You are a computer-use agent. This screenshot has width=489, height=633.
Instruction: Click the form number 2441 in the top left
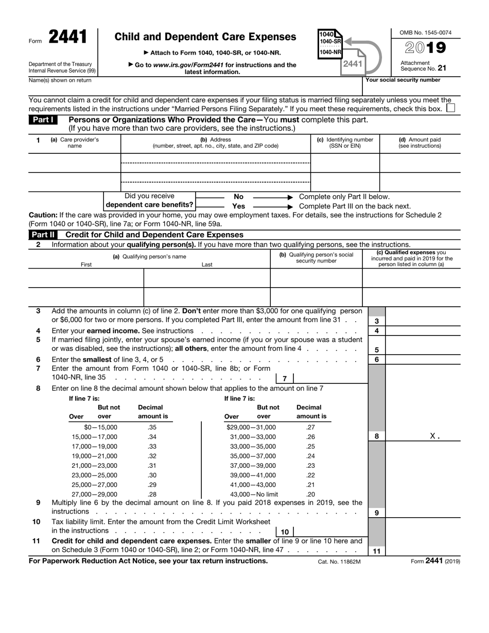(x=68, y=37)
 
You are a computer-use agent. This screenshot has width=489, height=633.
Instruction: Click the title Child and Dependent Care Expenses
(x=205, y=37)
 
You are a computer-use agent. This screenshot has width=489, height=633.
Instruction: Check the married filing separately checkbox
(x=450, y=109)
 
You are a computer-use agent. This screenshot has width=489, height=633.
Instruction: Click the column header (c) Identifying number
(x=345, y=143)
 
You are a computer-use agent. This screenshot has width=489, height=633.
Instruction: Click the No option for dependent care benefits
(x=238, y=197)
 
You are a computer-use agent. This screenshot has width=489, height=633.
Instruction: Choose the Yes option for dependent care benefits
(x=238, y=206)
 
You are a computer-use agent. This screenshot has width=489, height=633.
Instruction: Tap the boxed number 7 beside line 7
(x=285, y=379)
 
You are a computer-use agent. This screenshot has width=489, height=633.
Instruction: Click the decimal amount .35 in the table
(x=152, y=427)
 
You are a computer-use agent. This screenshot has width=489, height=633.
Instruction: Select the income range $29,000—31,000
(x=251, y=427)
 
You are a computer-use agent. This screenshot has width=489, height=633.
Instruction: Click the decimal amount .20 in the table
(x=310, y=494)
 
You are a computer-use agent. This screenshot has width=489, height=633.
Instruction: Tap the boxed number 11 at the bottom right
(x=376, y=551)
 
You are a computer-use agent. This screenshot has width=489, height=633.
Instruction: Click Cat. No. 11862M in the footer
(x=339, y=561)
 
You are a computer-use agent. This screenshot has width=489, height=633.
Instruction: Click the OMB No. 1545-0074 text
(x=426, y=32)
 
